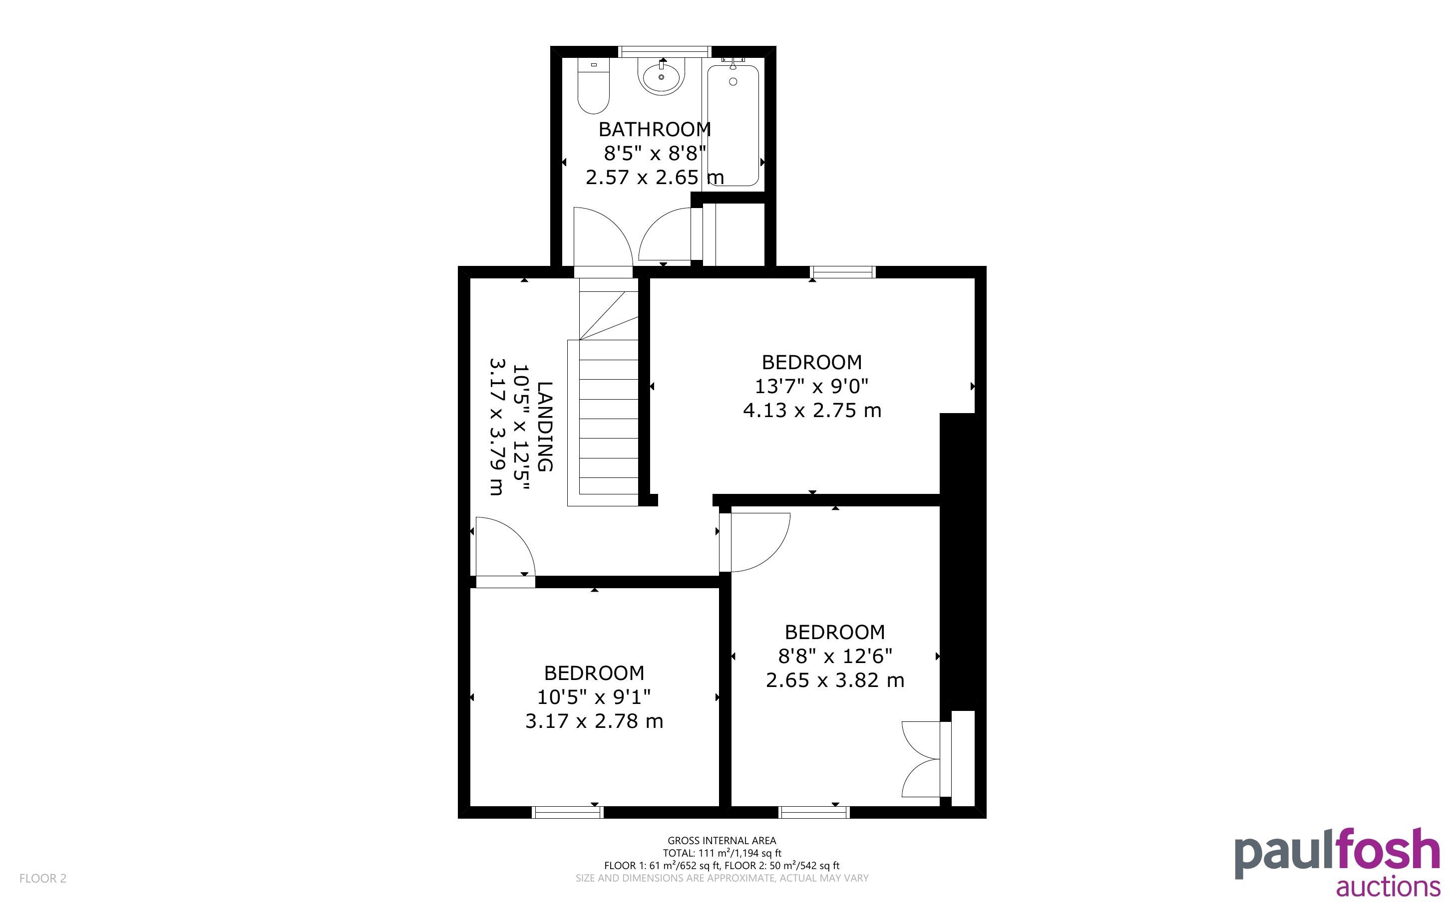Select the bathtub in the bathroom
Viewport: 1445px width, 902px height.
point(733,125)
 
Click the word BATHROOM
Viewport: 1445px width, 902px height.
point(655,129)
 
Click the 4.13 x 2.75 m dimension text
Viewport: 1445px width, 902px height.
point(812,411)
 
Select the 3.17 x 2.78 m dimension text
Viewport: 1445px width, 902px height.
point(594,721)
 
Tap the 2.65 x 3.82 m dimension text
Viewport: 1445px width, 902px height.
point(835,680)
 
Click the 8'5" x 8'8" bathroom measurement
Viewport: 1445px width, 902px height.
point(655,153)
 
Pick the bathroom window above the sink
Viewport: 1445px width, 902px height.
point(665,52)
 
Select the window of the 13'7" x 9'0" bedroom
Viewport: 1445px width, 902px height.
point(843,272)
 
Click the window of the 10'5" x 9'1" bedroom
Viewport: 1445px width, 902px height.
point(568,812)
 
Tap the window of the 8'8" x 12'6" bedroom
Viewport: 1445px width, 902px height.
point(814,812)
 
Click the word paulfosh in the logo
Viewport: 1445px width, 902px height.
point(1337,854)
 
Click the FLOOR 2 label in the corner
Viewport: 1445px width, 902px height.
point(43,878)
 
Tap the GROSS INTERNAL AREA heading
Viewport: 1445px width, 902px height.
point(722,841)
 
